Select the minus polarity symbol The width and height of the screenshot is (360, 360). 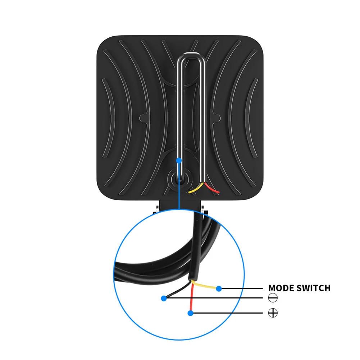click(x=273, y=298)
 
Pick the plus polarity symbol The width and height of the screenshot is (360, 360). click(x=273, y=313)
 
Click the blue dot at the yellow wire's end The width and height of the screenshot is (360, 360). click(x=219, y=288)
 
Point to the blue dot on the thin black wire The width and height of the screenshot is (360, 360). click(x=164, y=298)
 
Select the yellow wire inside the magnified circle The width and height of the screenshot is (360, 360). click(x=205, y=285)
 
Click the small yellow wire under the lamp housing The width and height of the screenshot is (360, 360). click(x=196, y=189)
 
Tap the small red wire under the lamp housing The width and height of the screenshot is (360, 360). click(x=212, y=189)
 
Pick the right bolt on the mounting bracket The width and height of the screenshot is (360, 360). click(x=205, y=211)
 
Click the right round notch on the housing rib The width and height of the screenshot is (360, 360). click(x=217, y=117)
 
